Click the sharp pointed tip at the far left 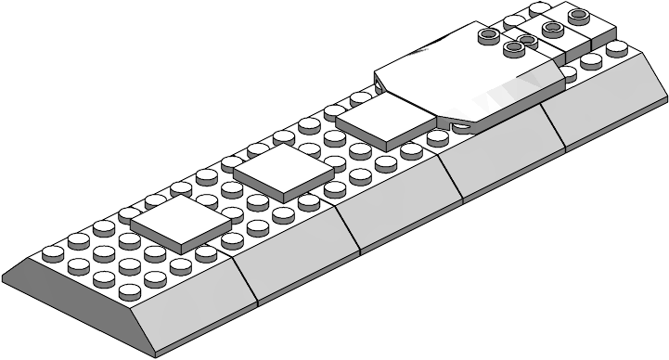[5, 276]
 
